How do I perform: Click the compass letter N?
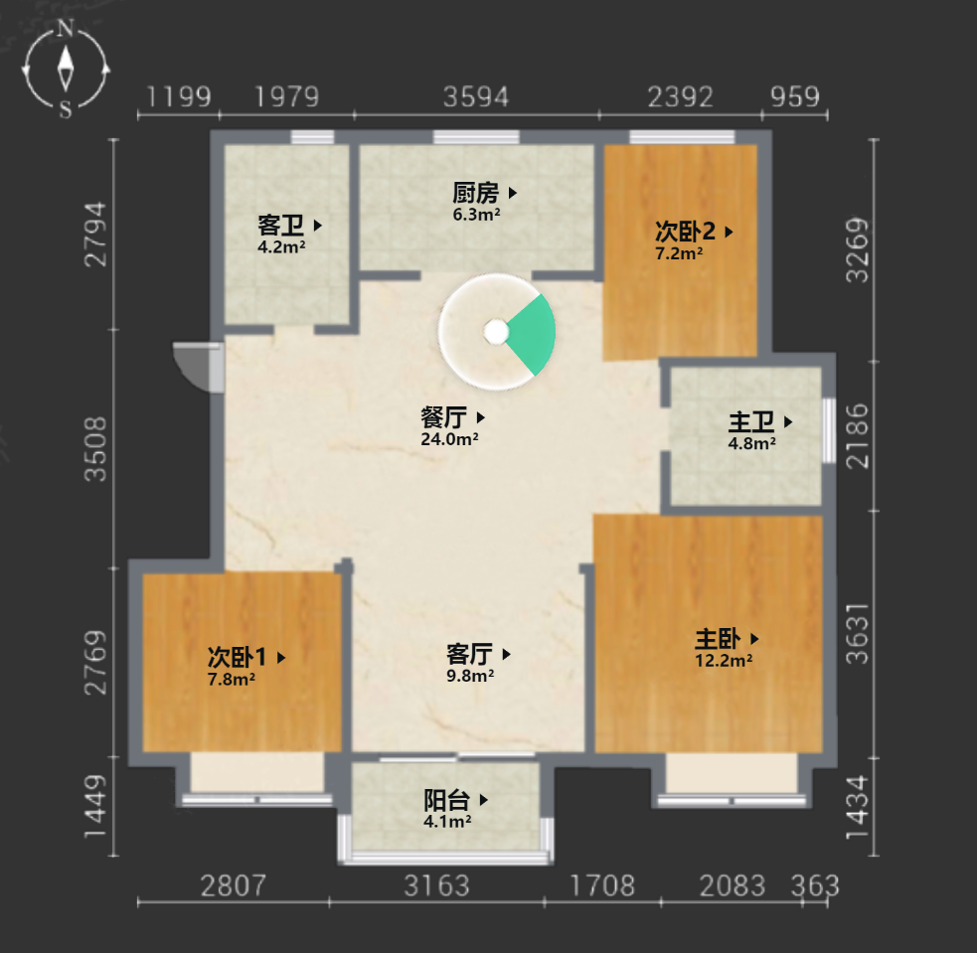click(x=66, y=28)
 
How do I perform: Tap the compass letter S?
click(x=66, y=109)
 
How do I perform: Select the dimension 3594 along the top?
click(x=476, y=97)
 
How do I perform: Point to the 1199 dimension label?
click(x=179, y=97)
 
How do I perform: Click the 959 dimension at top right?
click(x=795, y=97)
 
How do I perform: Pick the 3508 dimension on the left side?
click(x=96, y=449)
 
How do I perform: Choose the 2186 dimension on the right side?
click(x=858, y=435)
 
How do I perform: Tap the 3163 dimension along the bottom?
click(x=436, y=885)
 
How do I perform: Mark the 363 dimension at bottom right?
click(x=815, y=885)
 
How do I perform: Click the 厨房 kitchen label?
click(x=475, y=193)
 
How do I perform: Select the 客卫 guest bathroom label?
click(x=280, y=225)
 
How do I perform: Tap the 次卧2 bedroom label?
click(x=685, y=232)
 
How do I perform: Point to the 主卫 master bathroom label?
click(x=751, y=421)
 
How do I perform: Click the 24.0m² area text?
click(x=449, y=439)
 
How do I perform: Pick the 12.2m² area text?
click(x=724, y=660)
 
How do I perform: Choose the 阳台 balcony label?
click(x=446, y=800)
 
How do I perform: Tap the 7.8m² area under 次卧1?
click(x=232, y=679)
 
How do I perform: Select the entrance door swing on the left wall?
click(x=198, y=367)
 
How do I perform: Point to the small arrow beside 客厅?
click(x=507, y=654)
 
